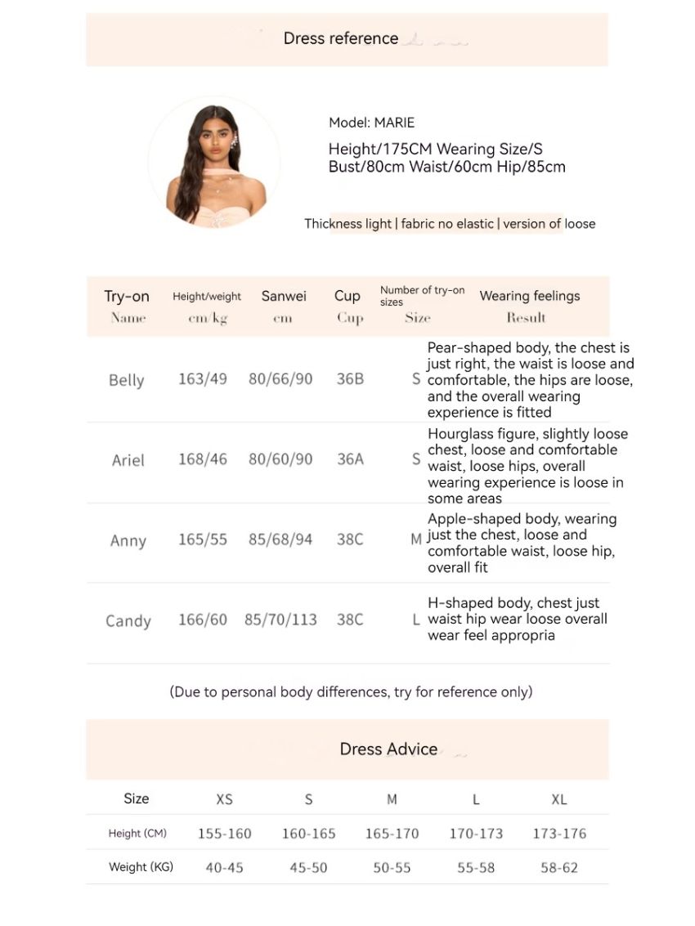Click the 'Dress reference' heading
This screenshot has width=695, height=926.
click(341, 38)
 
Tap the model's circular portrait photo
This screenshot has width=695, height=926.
click(214, 162)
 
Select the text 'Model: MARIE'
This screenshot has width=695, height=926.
click(371, 123)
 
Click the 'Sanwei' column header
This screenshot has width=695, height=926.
click(284, 296)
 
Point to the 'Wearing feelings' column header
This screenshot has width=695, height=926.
click(529, 296)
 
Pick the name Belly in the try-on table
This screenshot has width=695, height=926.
click(126, 380)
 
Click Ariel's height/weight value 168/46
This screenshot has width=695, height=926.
click(203, 459)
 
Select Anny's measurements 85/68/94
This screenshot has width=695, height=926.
click(280, 539)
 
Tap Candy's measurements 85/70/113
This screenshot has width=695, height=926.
click(280, 620)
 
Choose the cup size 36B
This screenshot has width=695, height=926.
click(350, 379)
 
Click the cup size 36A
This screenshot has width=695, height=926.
click(350, 459)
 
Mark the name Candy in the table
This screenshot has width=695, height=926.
click(128, 621)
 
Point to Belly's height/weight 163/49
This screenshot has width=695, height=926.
click(203, 379)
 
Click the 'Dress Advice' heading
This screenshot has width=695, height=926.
click(388, 749)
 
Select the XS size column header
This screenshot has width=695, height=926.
click(224, 799)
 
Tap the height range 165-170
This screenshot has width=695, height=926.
click(392, 834)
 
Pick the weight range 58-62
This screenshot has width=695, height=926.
click(559, 867)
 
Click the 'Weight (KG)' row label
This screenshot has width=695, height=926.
click(141, 866)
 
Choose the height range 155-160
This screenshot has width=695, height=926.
click(225, 834)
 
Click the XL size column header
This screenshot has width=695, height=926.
click(559, 799)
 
